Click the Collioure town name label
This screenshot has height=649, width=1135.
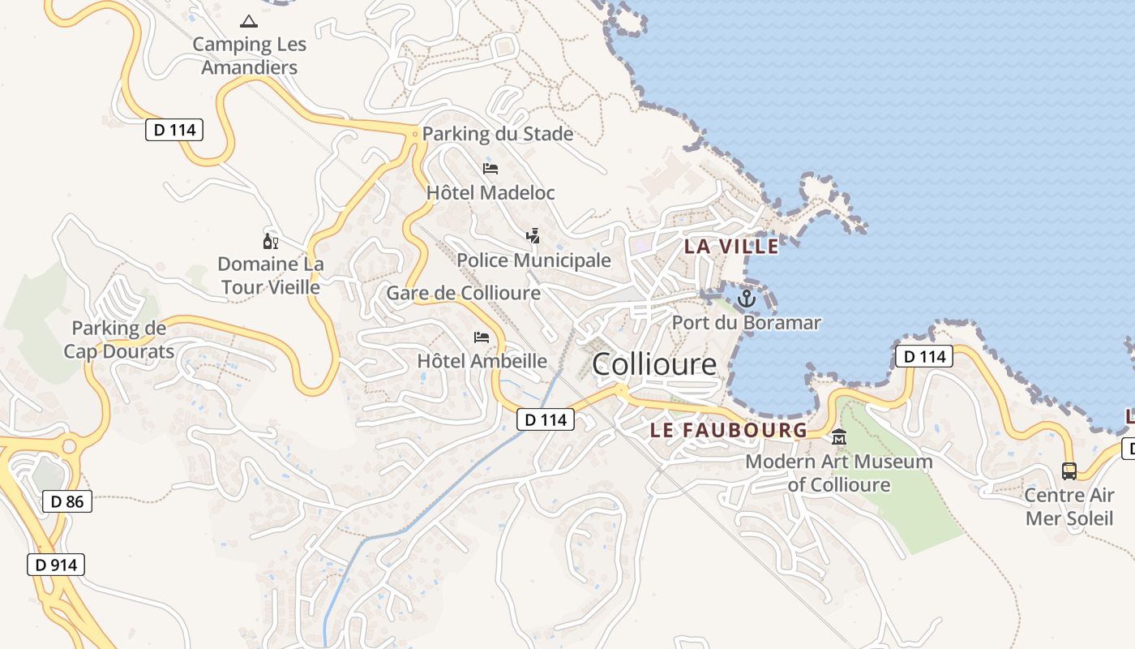pyautogui.click(x=654, y=364)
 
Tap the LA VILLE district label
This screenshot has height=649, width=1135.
pyautogui.click(x=731, y=246)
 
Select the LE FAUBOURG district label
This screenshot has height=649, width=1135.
pyautogui.click(x=729, y=430)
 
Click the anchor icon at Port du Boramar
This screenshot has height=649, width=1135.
pyautogui.click(x=746, y=299)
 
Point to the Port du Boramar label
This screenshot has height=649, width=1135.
pyautogui.click(x=746, y=323)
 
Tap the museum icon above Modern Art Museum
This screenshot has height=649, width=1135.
pyautogui.click(x=839, y=438)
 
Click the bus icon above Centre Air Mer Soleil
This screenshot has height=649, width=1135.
pyautogui.click(x=1069, y=471)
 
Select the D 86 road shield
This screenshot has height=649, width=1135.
pyautogui.click(x=67, y=501)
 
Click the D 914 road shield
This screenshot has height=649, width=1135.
pyautogui.click(x=56, y=565)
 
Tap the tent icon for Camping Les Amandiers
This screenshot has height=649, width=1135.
pyautogui.click(x=249, y=21)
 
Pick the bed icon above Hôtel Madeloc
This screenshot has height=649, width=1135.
pyautogui.click(x=490, y=169)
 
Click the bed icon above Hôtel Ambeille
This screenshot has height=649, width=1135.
pyautogui.click(x=482, y=337)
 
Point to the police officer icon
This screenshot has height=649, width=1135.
pyautogui.click(x=533, y=236)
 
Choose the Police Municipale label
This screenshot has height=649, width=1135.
pyautogui.click(x=533, y=260)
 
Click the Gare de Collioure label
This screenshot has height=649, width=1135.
pyautogui.click(x=463, y=293)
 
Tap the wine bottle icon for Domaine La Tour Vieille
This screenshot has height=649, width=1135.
pyautogui.click(x=270, y=241)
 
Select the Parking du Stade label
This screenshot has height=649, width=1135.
pyautogui.click(x=498, y=134)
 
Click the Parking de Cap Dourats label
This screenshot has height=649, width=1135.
pyautogui.click(x=119, y=340)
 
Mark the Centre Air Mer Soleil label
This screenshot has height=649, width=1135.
pyautogui.click(x=1069, y=507)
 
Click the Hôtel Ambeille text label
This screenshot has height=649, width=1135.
pyautogui.click(x=482, y=361)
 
